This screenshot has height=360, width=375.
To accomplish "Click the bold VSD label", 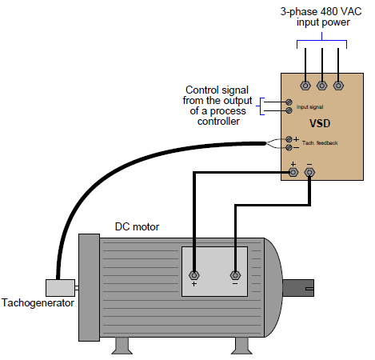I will (x=320, y=124).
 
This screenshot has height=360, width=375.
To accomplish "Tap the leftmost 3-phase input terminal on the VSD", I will (x=305, y=83).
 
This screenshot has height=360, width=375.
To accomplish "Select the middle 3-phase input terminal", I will (x=321, y=83).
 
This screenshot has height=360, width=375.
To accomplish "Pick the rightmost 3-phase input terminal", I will (x=338, y=83).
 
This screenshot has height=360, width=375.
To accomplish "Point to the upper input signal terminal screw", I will (x=288, y=102).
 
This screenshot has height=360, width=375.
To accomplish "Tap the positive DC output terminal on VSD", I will (x=293, y=171).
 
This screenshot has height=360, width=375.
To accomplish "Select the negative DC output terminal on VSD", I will (x=309, y=171).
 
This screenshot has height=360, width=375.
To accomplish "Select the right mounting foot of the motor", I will (x=241, y=345).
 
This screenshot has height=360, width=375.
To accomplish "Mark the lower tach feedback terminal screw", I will (x=288, y=147).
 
